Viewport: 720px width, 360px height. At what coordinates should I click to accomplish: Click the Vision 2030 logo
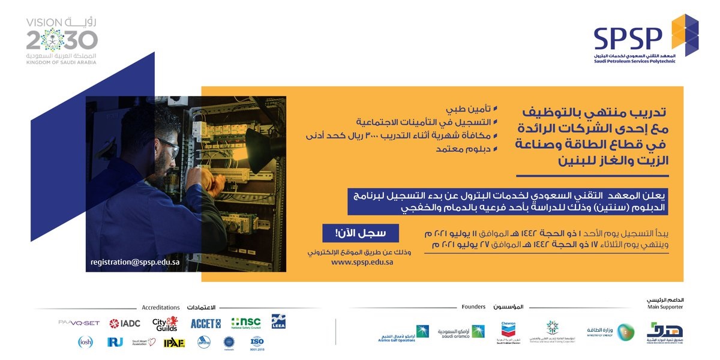[x=62, y=41]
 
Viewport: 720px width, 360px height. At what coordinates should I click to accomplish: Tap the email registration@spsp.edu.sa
[x=135, y=262]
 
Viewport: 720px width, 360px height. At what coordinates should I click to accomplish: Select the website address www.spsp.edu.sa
[x=362, y=262]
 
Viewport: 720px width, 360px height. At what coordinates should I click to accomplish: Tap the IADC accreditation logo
[x=125, y=323]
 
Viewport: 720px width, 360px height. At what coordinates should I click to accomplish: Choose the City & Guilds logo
[x=165, y=323]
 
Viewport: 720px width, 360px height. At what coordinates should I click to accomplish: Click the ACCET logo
[x=206, y=323]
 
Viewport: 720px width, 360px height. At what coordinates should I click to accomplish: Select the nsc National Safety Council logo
[x=246, y=323]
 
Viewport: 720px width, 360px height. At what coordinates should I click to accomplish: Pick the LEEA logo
[x=278, y=322]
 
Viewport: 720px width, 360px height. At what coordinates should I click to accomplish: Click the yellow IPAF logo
[x=174, y=342]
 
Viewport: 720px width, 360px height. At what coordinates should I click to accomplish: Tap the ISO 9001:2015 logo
[x=257, y=343]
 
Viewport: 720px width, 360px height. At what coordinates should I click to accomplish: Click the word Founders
[x=473, y=307]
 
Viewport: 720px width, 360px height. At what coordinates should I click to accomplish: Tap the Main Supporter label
[x=665, y=307]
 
